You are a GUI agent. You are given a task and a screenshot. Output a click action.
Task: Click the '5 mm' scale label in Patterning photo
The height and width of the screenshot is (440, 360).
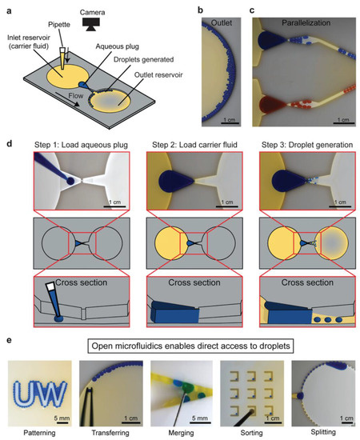(x=57, y=415)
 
